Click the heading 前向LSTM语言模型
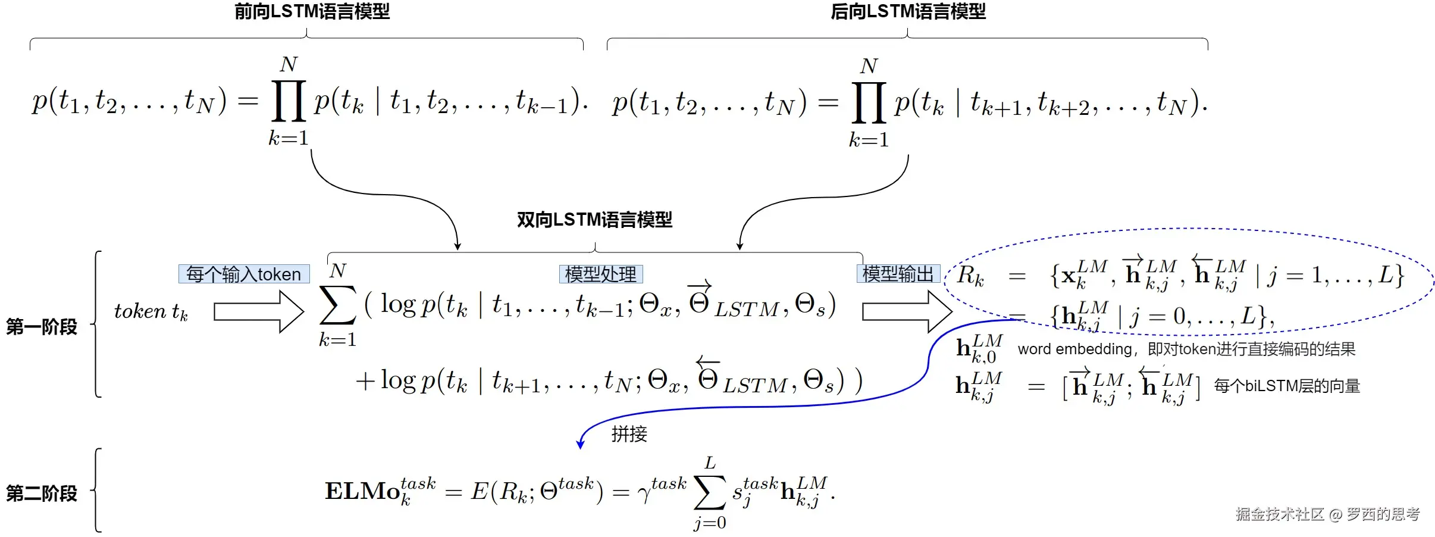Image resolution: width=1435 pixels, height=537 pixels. pos(312,11)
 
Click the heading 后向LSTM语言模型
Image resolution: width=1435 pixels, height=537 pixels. pos(908,11)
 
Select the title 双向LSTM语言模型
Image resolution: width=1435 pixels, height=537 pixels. pos(594,220)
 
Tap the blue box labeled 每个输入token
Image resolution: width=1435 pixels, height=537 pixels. pos(244,274)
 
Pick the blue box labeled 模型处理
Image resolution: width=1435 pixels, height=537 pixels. pos(601,274)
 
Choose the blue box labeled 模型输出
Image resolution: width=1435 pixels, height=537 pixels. pos(898,274)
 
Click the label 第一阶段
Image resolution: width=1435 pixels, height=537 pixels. pos(42,326)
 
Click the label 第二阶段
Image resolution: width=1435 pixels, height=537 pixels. pos(42,493)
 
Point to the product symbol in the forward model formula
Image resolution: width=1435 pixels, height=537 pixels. pos(289,101)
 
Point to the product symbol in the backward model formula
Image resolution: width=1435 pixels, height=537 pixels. pos(869,102)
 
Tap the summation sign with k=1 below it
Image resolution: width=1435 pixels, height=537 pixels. pos(337,305)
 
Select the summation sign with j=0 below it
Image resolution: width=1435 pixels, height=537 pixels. pos(710,492)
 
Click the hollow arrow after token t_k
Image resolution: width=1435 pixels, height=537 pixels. pos(259,311)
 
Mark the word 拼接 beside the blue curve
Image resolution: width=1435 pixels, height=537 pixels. pos(629,433)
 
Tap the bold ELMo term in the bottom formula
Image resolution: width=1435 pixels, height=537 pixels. pos(362,491)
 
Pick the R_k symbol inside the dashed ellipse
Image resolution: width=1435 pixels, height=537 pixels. pos(970,276)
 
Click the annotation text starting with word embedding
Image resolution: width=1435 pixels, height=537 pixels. pos(1186,349)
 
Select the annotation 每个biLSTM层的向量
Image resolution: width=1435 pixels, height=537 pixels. pos(1287,386)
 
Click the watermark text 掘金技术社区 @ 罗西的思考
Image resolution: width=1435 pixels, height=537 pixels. pos(1327,514)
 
